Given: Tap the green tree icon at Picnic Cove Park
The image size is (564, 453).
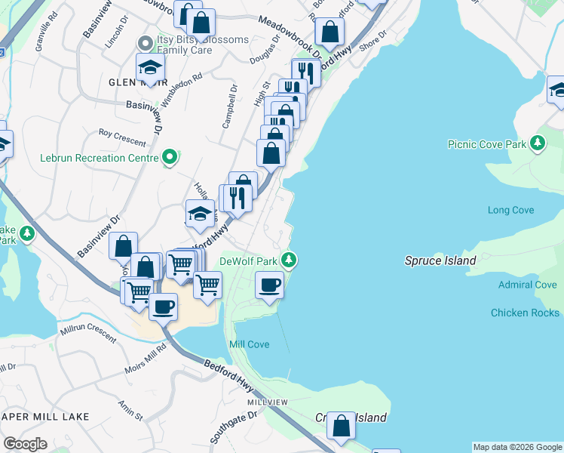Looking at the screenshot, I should pos(537,142).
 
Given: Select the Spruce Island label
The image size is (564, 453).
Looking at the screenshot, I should pos(440,261).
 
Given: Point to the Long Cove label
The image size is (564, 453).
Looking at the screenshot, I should pos(510,211).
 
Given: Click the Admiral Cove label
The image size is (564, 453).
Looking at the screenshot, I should pos(528,285).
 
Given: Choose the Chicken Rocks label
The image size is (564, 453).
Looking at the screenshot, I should pos(525,313).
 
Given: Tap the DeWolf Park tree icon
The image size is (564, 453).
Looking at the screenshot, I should pos(288,260).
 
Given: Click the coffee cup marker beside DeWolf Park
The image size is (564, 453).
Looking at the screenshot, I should pos(269,285).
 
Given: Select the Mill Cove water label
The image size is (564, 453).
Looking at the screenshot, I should pos(249,345).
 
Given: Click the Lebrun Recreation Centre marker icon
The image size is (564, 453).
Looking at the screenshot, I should pos(170,158).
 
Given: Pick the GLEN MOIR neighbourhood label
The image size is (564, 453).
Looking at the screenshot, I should pos(138,83).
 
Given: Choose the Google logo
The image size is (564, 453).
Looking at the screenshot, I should pos(25,444).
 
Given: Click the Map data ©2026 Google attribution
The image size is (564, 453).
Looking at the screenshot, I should pos(517,447).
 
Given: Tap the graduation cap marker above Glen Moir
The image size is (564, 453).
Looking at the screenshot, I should pos(151,67).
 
